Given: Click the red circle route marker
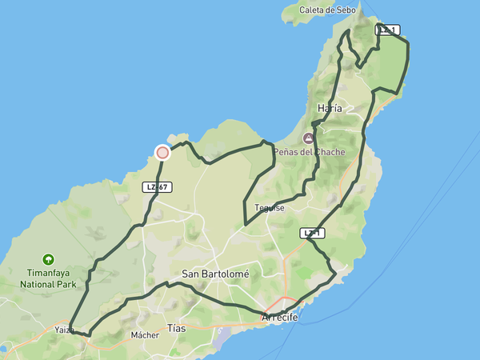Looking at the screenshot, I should (x=162, y=152).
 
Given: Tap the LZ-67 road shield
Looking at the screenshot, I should (x=157, y=187).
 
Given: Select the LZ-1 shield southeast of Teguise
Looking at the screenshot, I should (x=314, y=234).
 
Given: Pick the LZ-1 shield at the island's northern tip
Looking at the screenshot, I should (x=387, y=30).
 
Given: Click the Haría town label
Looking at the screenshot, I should (x=330, y=108).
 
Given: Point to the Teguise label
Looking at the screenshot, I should (x=270, y=207).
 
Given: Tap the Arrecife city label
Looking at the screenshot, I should (x=280, y=318).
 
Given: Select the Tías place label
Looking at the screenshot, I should (x=176, y=328).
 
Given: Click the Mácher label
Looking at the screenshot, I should (x=146, y=335).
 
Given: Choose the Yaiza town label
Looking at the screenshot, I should (x=65, y=330).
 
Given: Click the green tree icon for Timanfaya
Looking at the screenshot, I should (x=49, y=259).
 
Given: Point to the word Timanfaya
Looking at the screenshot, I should (x=49, y=272).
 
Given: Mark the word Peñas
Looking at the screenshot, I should (x=287, y=152).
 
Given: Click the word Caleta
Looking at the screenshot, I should (x=314, y=10).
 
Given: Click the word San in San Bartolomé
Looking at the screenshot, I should (x=190, y=274).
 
